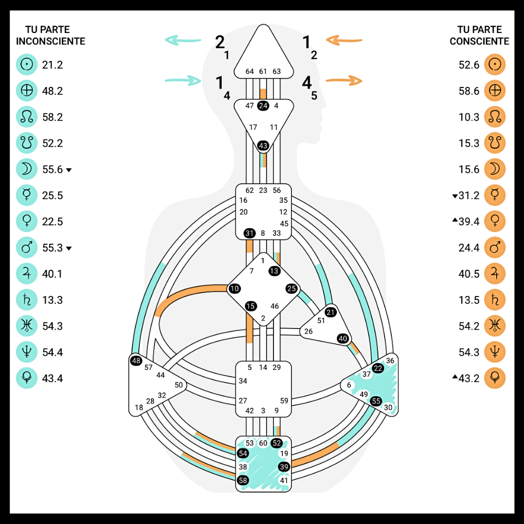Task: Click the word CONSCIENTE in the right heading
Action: click(479, 41)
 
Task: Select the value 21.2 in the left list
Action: click(52, 65)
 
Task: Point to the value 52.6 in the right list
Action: click(469, 65)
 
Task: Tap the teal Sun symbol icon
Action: click(27, 65)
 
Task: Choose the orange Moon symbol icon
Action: click(495, 169)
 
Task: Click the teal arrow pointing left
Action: click(183, 40)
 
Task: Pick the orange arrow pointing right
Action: click(344, 80)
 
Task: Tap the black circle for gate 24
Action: click(263, 106)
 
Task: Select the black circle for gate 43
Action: click(263, 145)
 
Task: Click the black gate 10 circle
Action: click(234, 289)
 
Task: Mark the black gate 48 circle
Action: click(136, 361)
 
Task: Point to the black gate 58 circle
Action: click(243, 480)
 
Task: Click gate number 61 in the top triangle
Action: click(263, 71)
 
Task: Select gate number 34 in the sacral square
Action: click(243, 381)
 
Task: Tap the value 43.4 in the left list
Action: click(52, 378)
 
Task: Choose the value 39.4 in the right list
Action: click(469, 222)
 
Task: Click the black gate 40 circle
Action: click(343, 339)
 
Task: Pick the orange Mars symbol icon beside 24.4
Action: click(495, 248)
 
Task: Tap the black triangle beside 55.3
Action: click(69, 248)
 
